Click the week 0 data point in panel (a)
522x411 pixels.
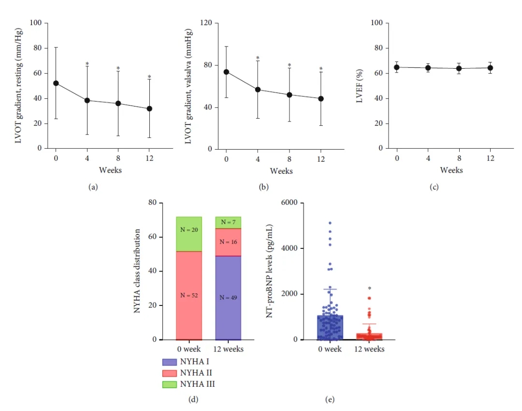[56, 83]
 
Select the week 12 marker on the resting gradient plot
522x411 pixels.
[149, 108]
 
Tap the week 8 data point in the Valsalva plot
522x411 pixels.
[289, 94]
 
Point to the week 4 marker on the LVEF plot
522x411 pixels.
[428, 68]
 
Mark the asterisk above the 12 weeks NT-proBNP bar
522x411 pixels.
[369, 289]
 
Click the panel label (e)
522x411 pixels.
[330, 400]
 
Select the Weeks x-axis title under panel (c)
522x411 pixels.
[451, 170]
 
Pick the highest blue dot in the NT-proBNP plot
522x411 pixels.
[330, 223]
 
